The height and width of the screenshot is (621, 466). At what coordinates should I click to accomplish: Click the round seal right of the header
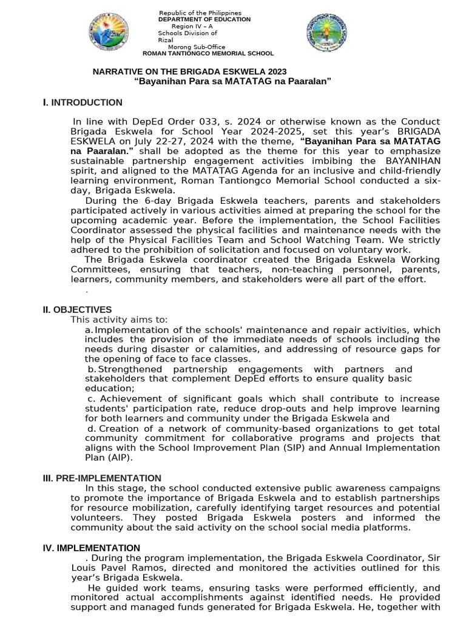[x=327, y=33]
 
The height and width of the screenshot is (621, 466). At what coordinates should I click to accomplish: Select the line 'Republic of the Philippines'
[x=200, y=13]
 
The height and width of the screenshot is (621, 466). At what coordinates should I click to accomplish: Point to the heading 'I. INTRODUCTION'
[x=83, y=102]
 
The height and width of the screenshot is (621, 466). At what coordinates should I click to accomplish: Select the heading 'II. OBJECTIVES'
[x=77, y=310]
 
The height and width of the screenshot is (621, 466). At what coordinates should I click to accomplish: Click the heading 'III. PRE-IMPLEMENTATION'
[x=102, y=478]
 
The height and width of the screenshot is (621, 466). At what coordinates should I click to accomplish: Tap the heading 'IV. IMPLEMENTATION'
[x=91, y=548]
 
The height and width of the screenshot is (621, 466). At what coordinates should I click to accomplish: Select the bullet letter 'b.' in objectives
[x=92, y=369]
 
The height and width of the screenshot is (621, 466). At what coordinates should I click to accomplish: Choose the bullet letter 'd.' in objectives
[x=92, y=429]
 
